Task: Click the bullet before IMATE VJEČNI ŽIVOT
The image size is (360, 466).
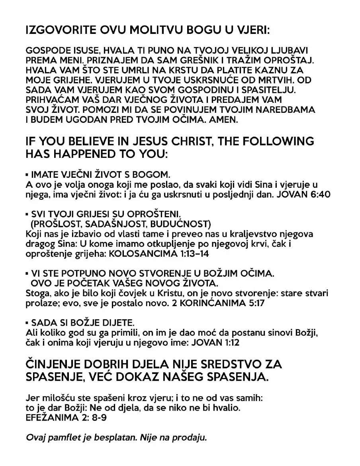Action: tap(27, 175)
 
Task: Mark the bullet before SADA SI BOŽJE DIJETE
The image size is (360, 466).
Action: tap(27, 322)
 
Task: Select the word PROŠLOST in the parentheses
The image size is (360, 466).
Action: tap(57, 224)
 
